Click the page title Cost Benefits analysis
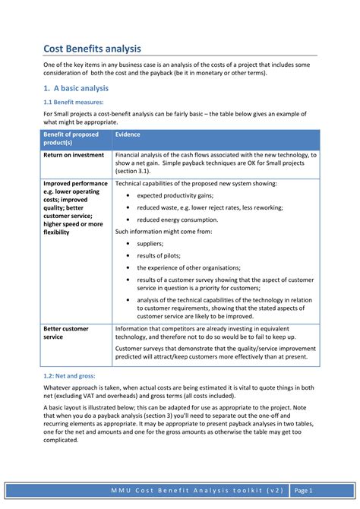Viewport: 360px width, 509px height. pos(91,49)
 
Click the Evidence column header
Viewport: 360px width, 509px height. pos(128,134)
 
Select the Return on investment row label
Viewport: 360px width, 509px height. pos(74,155)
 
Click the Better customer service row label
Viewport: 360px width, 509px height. pos(66,333)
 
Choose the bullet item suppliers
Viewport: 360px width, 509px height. pos(150,244)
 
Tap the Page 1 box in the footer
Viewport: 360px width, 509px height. pos(303,490)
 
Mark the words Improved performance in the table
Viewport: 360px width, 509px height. pos(75,183)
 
